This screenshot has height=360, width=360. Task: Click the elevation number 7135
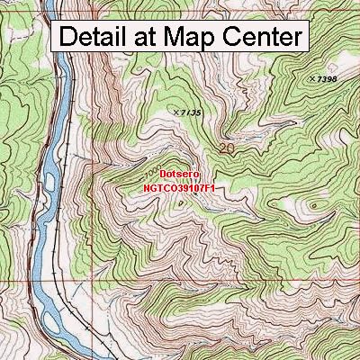click(x=190, y=112)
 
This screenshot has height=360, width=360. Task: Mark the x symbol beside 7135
click(x=175, y=112)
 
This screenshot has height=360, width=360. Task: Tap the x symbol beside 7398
click(x=311, y=79)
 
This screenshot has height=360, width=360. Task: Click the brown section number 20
click(x=227, y=146)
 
